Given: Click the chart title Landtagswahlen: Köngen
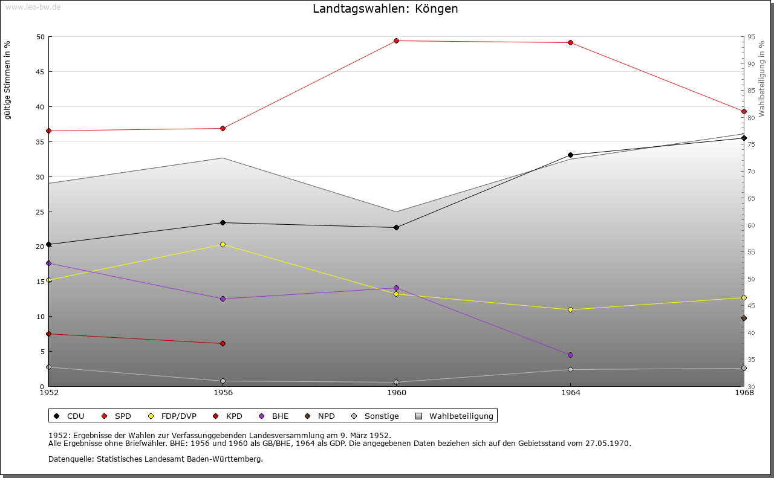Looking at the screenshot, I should tap(385, 9).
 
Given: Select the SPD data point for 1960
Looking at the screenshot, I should tap(397, 41).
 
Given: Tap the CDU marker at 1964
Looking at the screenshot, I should tap(570, 155).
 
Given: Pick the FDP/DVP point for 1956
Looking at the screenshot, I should tap(223, 245).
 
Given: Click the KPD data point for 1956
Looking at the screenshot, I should tap(223, 344).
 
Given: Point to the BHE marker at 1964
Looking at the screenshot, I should tap(570, 355).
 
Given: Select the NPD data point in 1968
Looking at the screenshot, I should tap(744, 318).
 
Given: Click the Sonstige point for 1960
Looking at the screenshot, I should tap(397, 383).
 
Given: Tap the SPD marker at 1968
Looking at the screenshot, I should tap(744, 111).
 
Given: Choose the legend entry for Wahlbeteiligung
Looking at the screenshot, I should tap(461, 416).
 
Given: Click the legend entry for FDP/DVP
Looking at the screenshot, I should tap(177, 416).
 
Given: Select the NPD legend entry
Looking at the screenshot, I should tap(326, 416).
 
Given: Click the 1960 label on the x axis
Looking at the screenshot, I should tap(397, 393).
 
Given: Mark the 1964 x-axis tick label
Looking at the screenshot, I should tap(570, 393).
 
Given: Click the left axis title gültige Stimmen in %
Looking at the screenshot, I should tap(8, 80).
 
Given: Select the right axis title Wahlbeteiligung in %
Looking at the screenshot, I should tap(762, 79).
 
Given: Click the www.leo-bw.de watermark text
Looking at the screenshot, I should tap(32, 6).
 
